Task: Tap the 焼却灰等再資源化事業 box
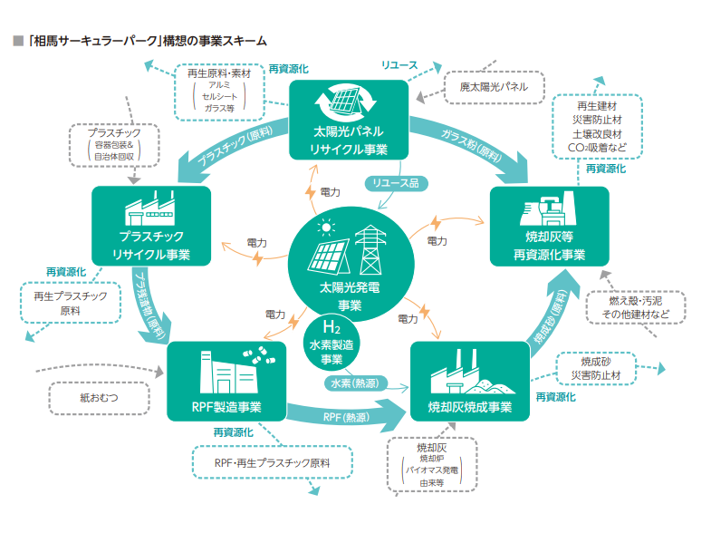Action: click(x=549, y=227)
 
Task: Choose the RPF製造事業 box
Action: click(x=226, y=381)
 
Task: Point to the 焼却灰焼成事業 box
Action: click(x=470, y=381)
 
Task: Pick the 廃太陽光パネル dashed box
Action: click(x=494, y=86)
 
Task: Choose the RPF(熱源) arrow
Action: click(x=340, y=418)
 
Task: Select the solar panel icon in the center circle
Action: click(x=328, y=250)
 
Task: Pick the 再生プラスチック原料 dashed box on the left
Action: click(x=70, y=303)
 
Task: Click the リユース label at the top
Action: click(x=399, y=66)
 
